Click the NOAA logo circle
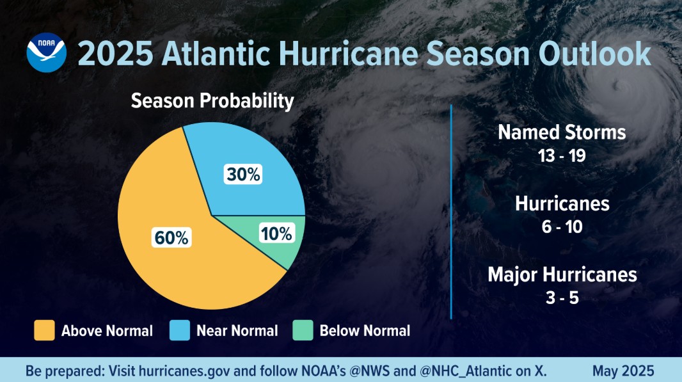pyautogui.click(x=46, y=52)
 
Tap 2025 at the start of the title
pyautogui.click(x=115, y=54)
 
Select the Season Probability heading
pyautogui.click(x=212, y=101)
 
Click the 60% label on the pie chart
pyautogui.click(x=171, y=238)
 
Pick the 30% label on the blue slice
pyautogui.click(x=243, y=175)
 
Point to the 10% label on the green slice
pyautogui.click(x=276, y=234)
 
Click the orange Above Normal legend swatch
pyautogui.click(x=44, y=331)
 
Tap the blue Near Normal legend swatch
pyautogui.click(x=180, y=331)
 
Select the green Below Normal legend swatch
pyautogui.click(x=303, y=331)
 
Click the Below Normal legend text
pyautogui.click(x=365, y=331)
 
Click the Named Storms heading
pyautogui.click(x=562, y=132)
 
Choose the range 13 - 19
pyautogui.click(x=562, y=155)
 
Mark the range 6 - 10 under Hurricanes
pyautogui.click(x=562, y=227)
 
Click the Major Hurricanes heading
pyautogui.click(x=562, y=275)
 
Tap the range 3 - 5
pyautogui.click(x=562, y=298)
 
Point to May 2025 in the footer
pyautogui.click(x=623, y=371)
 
